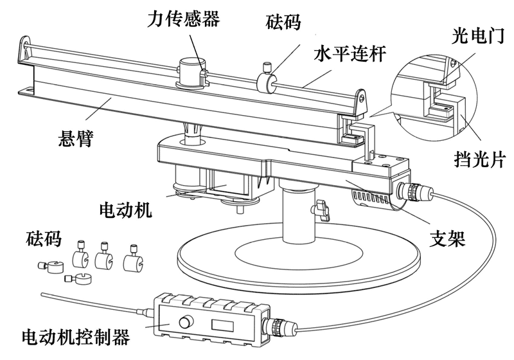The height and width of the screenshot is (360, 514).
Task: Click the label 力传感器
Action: pyautogui.click(x=184, y=19)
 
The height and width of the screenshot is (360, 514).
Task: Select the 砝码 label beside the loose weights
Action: pyautogui.click(x=44, y=239)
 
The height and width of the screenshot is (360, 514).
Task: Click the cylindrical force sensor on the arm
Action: pyautogui.click(x=191, y=71)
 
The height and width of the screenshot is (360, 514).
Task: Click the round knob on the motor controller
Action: pyautogui.click(x=187, y=321)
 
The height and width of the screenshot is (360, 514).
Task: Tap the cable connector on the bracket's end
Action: pyautogui.click(x=412, y=191)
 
